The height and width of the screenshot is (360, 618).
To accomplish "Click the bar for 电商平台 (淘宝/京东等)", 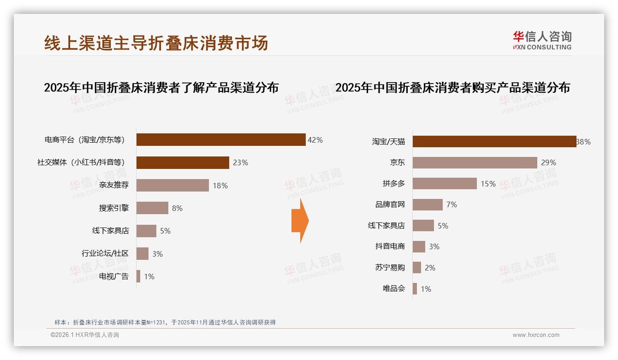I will tap(221, 140).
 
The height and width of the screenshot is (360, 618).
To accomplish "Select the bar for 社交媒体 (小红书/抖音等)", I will tap(183, 162).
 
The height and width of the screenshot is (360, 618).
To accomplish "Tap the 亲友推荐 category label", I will tap(114, 186).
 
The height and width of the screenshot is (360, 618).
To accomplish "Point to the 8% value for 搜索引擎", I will tap(177, 208).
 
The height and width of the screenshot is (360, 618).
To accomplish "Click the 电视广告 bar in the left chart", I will tap(138, 276).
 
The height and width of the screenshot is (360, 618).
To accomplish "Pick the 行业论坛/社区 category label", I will tap(105, 253).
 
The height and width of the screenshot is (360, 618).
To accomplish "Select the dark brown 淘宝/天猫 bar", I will tap(494, 142).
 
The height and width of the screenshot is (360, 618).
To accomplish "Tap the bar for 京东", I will tap(475, 162).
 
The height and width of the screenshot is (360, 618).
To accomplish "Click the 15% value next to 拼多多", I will tap(488, 184).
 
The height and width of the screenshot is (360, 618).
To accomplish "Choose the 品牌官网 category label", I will tap(390, 204).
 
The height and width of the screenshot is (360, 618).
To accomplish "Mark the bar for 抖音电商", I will tap(419, 246).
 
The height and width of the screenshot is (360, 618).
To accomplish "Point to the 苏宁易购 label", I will tap(390, 268).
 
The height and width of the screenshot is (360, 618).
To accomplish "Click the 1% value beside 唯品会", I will tap(426, 289).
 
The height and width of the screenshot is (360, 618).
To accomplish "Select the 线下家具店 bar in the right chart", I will tap(423, 226).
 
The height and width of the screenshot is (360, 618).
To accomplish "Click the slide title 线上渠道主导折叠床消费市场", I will tap(156, 43).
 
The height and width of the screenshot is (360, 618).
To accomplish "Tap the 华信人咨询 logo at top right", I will tap(542, 41).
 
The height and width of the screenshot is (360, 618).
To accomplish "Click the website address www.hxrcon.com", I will tap(536, 335).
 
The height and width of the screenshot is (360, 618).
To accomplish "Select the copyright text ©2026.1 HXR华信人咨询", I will tap(84, 335).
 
